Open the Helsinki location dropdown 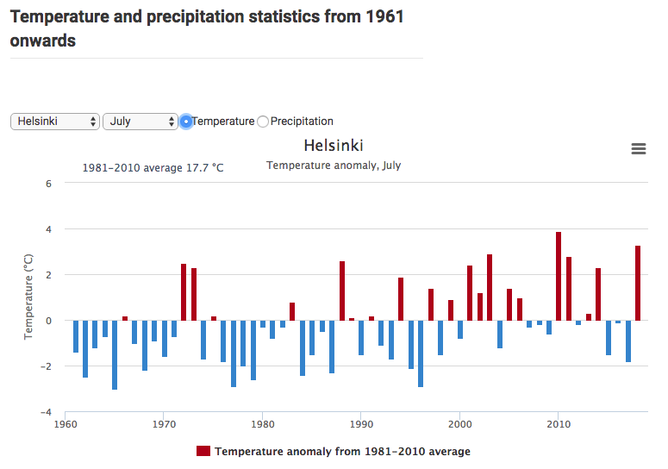55,122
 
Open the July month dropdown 140,122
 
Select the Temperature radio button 186,122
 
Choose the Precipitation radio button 264,122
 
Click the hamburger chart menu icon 639,149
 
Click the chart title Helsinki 334,146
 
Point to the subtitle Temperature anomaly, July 334,166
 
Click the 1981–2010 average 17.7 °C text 153,168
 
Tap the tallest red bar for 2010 559,276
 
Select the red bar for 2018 638,283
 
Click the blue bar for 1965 115,354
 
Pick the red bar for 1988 342,291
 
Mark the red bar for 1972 184,291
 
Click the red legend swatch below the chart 203,452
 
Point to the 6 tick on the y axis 49,184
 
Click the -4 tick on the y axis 47,412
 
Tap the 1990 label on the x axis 362,424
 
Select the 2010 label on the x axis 559,424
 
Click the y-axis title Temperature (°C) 28,296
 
